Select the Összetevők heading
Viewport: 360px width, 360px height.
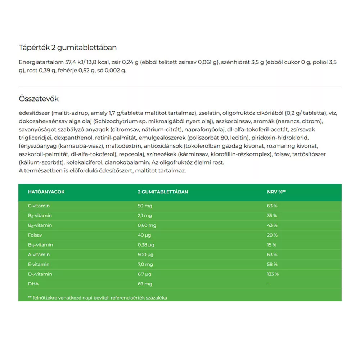[x=39, y=99]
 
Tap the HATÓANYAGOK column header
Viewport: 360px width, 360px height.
[x=46, y=192]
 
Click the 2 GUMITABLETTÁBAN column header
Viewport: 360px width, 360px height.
[x=163, y=192]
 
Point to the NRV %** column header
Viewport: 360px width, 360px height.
[x=274, y=192]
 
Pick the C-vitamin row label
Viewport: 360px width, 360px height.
[x=39, y=206]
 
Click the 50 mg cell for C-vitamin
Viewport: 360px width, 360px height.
[x=145, y=206]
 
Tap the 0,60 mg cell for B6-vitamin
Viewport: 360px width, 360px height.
[x=147, y=225]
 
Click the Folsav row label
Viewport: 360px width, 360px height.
[x=35, y=235]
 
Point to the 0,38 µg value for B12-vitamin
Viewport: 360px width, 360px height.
[x=146, y=245]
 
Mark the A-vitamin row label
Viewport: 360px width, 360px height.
[x=39, y=255]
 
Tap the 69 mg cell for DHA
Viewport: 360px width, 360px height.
[x=145, y=284]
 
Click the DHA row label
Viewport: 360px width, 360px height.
[x=33, y=284]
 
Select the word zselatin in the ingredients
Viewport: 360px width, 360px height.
[x=208, y=113]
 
